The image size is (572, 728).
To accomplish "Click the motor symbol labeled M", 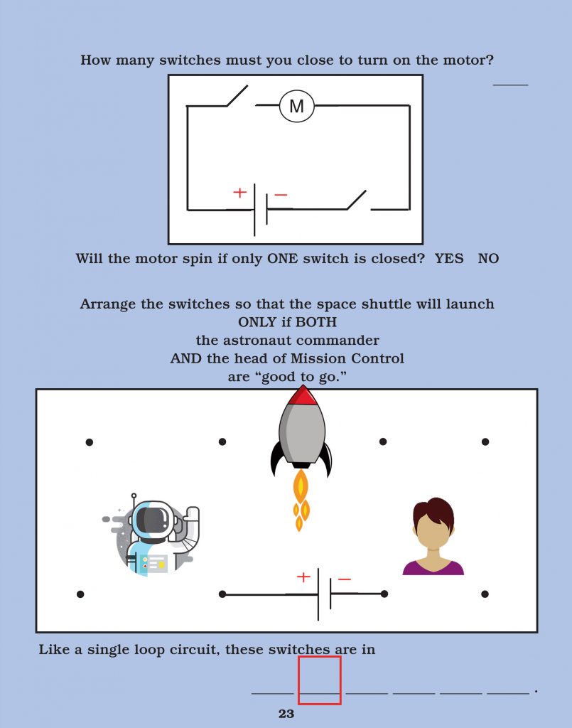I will click(296, 107).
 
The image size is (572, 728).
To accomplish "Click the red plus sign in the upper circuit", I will click(240, 193).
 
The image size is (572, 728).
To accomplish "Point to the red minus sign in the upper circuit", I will click(281, 195).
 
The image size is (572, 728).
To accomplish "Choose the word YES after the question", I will click(449, 259).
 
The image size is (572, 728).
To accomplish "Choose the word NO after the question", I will click(488, 259).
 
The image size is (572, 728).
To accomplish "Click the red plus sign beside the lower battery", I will click(303, 577).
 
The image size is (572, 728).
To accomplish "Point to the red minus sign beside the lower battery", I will click(345, 579).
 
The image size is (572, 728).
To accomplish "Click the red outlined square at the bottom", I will click(319, 680).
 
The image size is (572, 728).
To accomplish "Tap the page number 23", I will click(286, 714).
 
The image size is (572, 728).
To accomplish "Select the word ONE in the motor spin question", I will click(284, 259).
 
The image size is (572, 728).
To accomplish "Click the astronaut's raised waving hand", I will click(190, 515).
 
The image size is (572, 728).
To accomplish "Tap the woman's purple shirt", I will click(433, 567).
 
